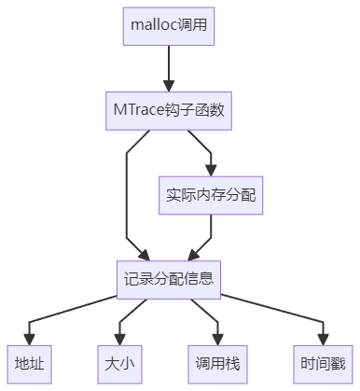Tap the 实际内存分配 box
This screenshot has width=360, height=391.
[213, 195]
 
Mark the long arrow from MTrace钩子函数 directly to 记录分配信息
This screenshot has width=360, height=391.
[127, 196]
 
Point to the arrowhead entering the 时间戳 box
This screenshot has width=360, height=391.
[323, 338]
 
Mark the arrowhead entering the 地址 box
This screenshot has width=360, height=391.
[29, 338]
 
